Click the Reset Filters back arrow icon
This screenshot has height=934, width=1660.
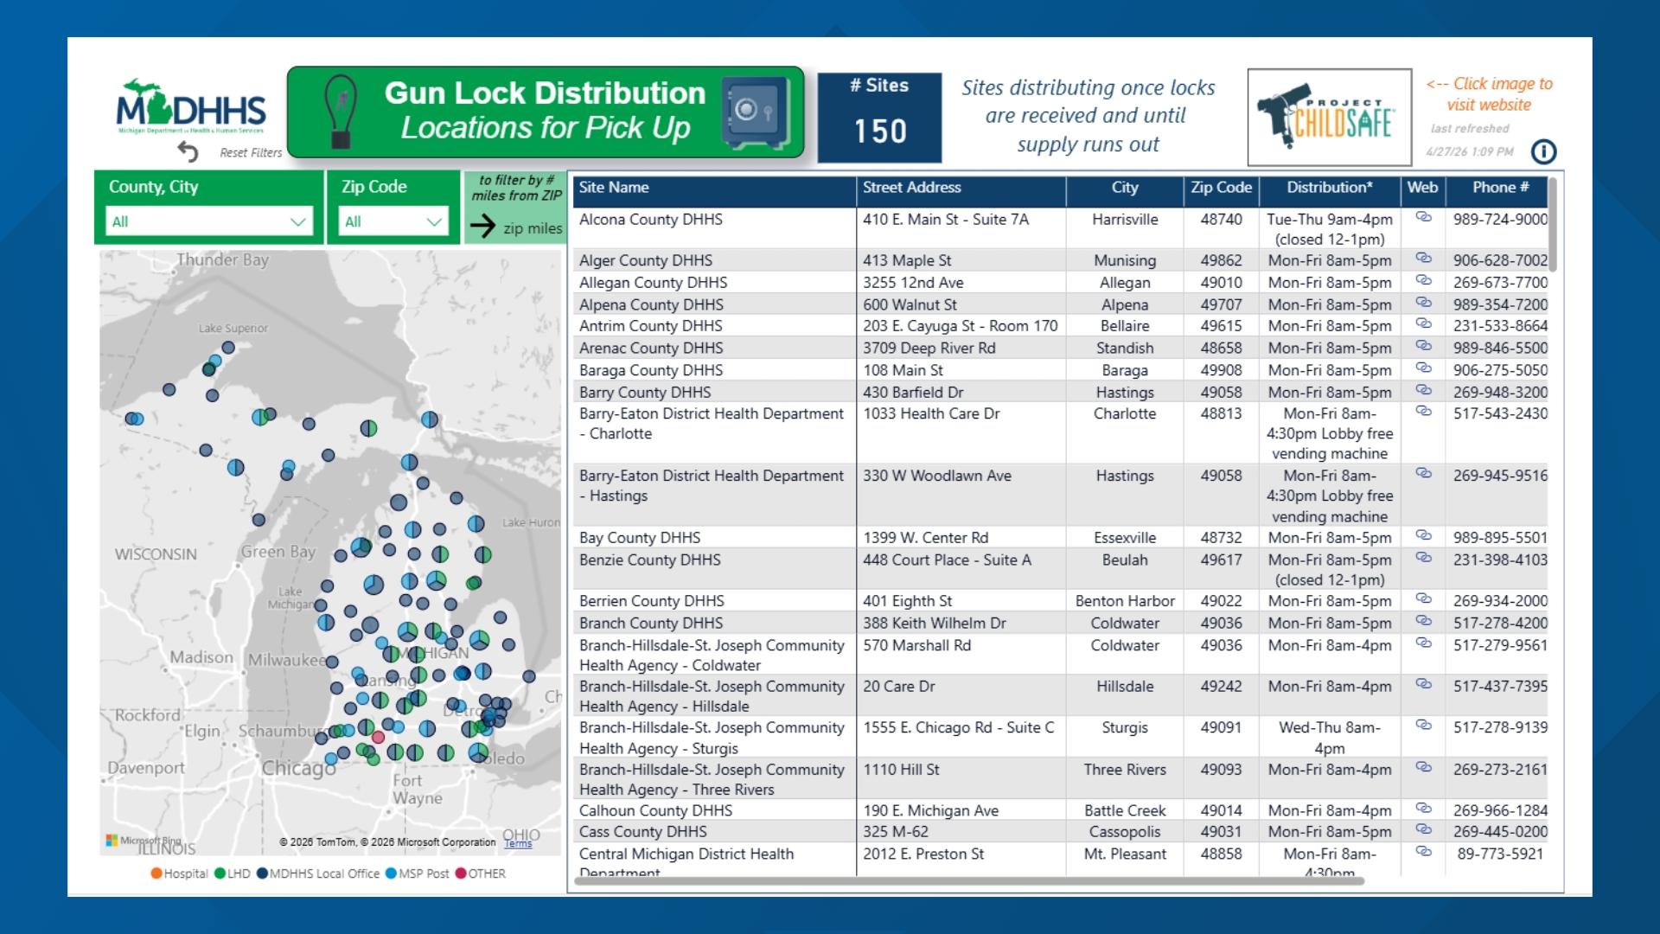click(x=188, y=152)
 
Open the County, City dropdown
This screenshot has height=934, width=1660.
click(x=208, y=221)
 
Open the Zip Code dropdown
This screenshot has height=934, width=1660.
click(x=393, y=221)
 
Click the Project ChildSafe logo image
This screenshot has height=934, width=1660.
click(x=1329, y=118)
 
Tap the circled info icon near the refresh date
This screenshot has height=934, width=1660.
click(x=1543, y=152)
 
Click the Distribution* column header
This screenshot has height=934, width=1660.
click(x=1329, y=188)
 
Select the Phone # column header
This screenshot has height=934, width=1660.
click(x=1500, y=188)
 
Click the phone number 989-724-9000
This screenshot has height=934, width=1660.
click(x=1500, y=220)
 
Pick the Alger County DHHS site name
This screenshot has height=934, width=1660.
click(x=646, y=260)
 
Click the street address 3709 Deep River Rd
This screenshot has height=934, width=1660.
click(x=929, y=348)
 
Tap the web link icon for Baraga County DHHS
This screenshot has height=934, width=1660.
click(x=1423, y=368)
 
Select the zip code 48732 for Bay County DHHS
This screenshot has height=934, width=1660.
click(x=1221, y=537)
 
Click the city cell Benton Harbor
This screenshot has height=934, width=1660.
click(x=1125, y=601)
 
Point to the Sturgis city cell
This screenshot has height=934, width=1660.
click(x=1125, y=727)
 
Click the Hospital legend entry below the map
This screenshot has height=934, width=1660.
click(x=180, y=873)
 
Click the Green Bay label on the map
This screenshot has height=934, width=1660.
click(x=278, y=552)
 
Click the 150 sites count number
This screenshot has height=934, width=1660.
click(x=880, y=131)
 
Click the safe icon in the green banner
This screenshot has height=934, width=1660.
click(x=755, y=112)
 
